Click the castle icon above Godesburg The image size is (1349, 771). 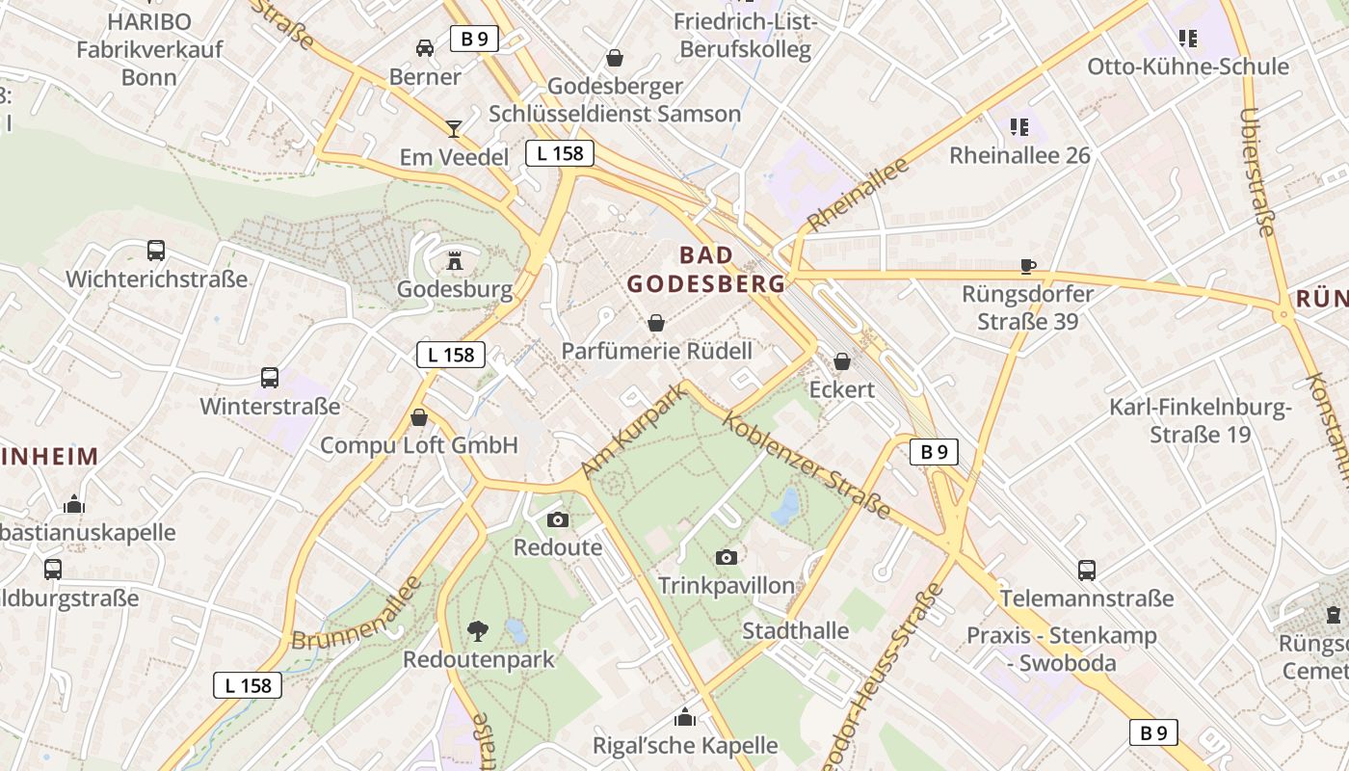point(455,260)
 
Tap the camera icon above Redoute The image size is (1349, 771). point(557,520)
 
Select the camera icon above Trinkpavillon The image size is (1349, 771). point(727,557)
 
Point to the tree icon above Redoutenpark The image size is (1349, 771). point(477,631)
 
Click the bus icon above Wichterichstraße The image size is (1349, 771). point(156,251)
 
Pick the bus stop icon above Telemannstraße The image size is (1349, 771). point(1087,571)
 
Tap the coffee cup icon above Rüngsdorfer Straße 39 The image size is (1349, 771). point(1028,266)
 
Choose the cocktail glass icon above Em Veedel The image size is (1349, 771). point(454,128)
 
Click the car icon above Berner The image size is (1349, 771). point(425,47)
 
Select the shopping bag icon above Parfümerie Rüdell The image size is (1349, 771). point(656,322)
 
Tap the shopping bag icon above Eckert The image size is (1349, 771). point(842,361)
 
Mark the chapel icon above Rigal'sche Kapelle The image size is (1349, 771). point(685,717)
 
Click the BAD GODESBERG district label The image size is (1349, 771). point(707,270)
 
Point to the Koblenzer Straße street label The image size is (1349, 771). point(807,465)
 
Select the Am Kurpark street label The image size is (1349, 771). point(635,430)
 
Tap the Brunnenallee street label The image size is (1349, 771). point(357,614)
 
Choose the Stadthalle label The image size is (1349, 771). point(795,631)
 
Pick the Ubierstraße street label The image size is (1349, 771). point(1256,172)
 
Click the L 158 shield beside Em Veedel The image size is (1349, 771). point(559,152)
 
